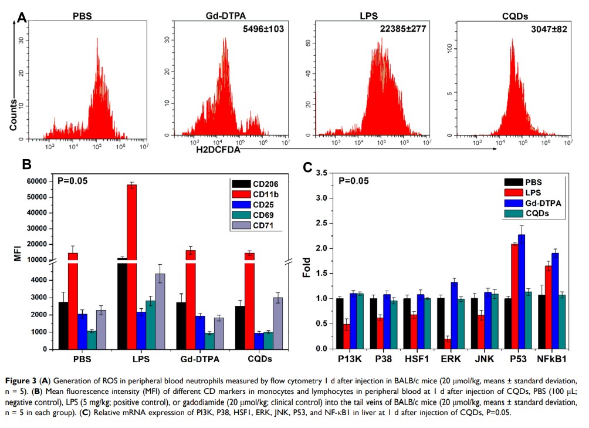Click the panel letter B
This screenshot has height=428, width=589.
click(26, 165)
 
